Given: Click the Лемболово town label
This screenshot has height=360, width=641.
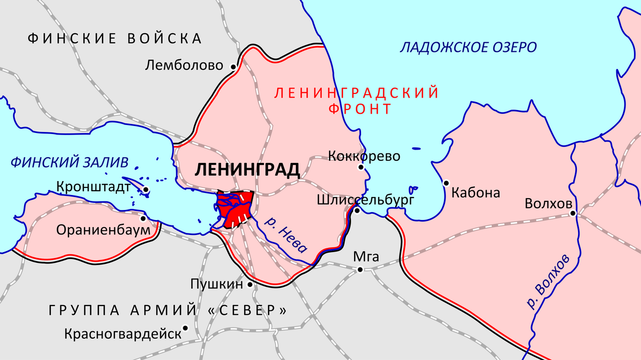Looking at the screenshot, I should click(184, 66).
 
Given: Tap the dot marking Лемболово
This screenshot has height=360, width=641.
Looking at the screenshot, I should click(233, 67).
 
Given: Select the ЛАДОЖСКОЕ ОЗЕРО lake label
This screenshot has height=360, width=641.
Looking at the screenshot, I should click(468, 48).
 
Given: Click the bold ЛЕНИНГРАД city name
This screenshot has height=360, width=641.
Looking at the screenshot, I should click(247, 170).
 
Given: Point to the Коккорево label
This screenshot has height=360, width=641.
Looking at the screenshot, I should click(364, 156).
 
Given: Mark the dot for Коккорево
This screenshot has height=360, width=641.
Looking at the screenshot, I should click(361, 167).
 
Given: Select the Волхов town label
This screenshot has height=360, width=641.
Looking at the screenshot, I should click(549, 204).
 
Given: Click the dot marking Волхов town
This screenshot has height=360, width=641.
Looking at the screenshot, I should click(572, 214).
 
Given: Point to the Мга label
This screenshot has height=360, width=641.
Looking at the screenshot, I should click(366, 257).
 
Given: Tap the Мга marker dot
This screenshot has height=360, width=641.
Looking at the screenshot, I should click(360, 269).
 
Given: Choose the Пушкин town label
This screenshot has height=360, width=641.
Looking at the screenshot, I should click(216, 284).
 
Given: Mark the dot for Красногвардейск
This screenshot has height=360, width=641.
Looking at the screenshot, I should click(185, 328).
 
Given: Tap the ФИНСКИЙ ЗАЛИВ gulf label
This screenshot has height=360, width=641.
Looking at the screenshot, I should click(69, 162).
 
